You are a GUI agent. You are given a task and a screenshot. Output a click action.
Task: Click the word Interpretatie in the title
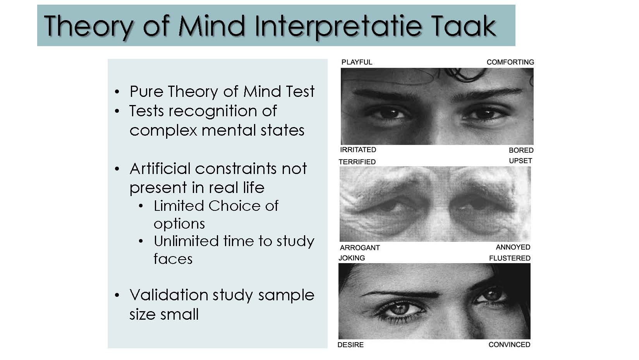[x=338, y=28]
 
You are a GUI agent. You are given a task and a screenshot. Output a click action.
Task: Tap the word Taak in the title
[x=464, y=26]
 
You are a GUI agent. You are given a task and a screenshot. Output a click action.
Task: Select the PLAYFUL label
[x=357, y=62]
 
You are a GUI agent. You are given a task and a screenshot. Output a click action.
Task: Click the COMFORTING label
[x=510, y=62]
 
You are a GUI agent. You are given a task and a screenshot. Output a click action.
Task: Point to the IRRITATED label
[x=358, y=150]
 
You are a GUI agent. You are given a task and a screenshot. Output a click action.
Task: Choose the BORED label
[x=521, y=150]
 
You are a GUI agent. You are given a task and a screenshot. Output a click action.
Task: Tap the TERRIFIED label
[x=357, y=162]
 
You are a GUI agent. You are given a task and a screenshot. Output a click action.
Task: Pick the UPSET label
[x=520, y=161]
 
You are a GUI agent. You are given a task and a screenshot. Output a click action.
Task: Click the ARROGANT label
[x=360, y=248]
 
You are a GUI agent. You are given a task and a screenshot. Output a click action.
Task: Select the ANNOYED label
[x=513, y=247]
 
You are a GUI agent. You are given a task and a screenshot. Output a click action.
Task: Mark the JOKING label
[x=352, y=258]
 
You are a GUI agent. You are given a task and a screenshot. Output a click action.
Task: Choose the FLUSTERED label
[x=510, y=258]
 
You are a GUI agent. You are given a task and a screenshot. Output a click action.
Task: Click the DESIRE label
[x=350, y=344]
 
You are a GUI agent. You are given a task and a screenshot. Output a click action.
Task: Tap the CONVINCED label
[x=509, y=344]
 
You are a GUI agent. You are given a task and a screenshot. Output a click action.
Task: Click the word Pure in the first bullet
[x=146, y=91]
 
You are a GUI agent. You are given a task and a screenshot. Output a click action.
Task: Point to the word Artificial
[x=160, y=169]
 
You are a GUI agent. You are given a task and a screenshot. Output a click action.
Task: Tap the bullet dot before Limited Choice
[x=141, y=206]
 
